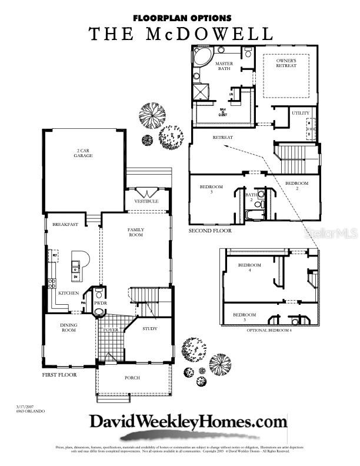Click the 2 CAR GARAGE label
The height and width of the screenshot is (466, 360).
(x=83, y=153)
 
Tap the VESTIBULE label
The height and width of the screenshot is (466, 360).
(x=146, y=201)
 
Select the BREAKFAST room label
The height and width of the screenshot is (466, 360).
(x=65, y=225)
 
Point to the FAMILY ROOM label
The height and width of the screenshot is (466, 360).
(x=136, y=232)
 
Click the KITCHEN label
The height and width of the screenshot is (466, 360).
(x=69, y=293)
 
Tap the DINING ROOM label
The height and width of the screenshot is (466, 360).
(x=69, y=327)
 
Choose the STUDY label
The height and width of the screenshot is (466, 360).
(x=150, y=328)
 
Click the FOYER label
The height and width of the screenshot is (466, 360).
(x=111, y=330)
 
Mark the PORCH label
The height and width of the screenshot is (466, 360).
(x=132, y=378)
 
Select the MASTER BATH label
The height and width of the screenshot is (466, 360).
(x=224, y=66)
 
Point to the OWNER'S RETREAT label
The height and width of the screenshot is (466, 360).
(x=286, y=63)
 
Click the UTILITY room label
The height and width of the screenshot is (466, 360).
(x=301, y=113)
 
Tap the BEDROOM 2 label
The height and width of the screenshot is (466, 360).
(x=296, y=186)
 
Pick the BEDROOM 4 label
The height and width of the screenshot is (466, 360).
(x=249, y=268)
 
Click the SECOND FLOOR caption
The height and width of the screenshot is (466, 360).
(x=210, y=231)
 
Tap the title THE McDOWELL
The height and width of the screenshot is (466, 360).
(x=181, y=34)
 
